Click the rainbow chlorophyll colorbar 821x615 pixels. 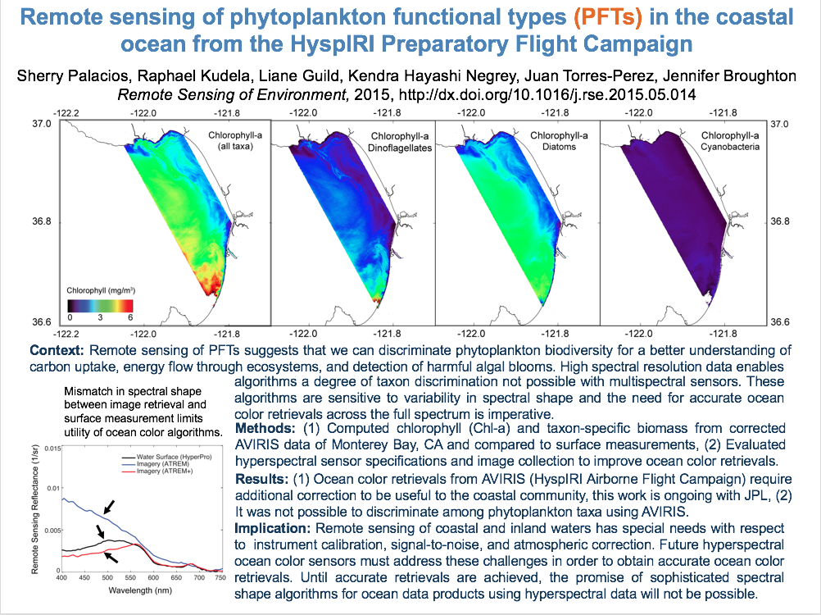(x=100, y=303)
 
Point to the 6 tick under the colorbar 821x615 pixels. (x=130, y=317)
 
